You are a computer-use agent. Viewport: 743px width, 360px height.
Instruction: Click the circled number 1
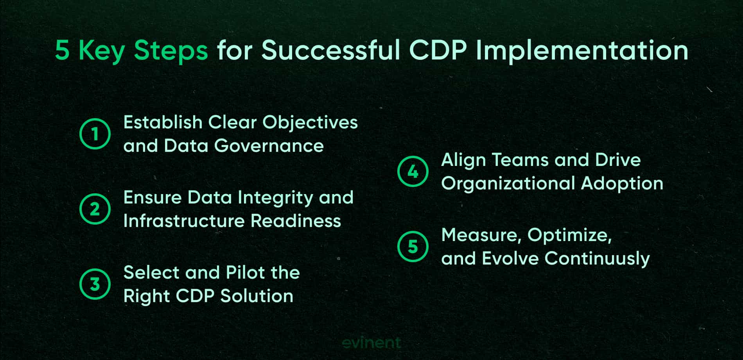click(95, 134)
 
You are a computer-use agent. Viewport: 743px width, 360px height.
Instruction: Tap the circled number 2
click(95, 209)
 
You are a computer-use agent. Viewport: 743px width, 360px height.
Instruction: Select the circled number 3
click(95, 284)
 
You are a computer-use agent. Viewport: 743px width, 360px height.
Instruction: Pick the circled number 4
click(413, 172)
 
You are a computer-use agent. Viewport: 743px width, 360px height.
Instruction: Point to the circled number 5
click(413, 247)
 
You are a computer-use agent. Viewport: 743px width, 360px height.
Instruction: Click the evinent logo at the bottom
click(371, 343)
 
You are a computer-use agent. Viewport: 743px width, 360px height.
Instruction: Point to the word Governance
click(269, 146)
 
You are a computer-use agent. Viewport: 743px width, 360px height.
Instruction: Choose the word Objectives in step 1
click(310, 122)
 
